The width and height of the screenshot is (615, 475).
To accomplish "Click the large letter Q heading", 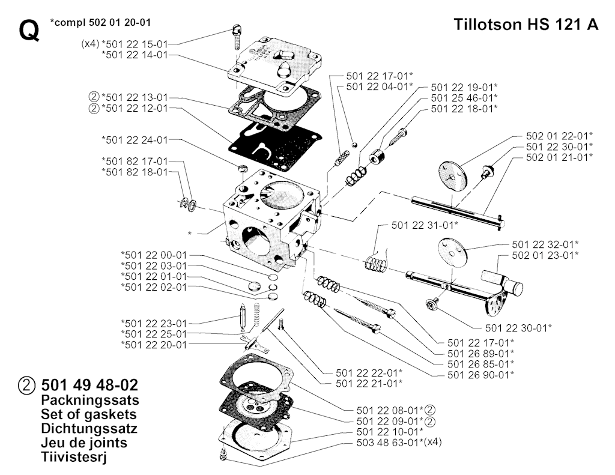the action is [x=29, y=30].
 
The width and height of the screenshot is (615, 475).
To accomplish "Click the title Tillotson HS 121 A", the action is [x=526, y=24].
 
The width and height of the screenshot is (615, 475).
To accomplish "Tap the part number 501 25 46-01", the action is [x=464, y=98].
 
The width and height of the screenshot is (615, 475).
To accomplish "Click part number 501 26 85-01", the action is [x=481, y=364].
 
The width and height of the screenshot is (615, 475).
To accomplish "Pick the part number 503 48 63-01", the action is [x=390, y=443].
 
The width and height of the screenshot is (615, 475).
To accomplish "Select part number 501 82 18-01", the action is [x=135, y=172].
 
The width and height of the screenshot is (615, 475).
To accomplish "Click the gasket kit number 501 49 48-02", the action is [x=89, y=385].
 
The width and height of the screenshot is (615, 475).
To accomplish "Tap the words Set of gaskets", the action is [x=89, y=414].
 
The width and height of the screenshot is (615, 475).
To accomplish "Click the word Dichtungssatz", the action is [x=89, y=428].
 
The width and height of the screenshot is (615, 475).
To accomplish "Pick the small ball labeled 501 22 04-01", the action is [x=354, y=145].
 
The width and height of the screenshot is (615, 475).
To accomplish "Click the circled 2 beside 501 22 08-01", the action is [x=430, y=411].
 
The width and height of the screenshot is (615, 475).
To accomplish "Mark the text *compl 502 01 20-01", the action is [x=100, y=22].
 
